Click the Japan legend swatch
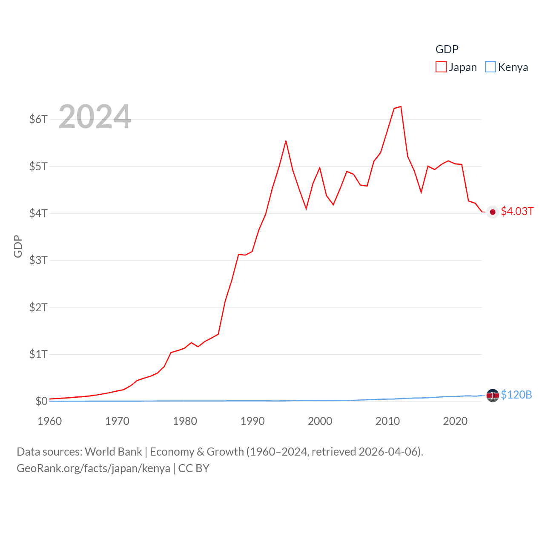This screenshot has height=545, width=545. click(x=441, y=67)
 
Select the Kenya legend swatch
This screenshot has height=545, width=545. click(x=490, y=67)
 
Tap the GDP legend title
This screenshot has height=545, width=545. click(x=447, y=49)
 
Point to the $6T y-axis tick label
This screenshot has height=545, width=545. click(x=38, y=119)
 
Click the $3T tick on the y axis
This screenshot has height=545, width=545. click(x=38, y=260)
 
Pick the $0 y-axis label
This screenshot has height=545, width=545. click(x=41, y=401)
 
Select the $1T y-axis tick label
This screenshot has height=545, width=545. click(x=38, y=354)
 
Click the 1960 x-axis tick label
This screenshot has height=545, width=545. click(x=50, y=421)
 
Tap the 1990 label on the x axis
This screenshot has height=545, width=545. click(x=252, y=421)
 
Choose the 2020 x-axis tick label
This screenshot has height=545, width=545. click(x=455, y=421)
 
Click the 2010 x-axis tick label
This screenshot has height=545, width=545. click(x=387, y=421)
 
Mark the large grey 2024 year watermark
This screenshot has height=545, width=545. click(x=95, y=116)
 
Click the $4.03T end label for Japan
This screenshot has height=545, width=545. click(x=517, y=212)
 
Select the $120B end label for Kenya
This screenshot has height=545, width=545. click(x=516, y=395)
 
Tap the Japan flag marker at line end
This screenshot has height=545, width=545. click(x=493, y=212)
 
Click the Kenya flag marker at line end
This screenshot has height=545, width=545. click(x=493, y=396)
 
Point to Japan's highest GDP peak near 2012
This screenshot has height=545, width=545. click(x=401, y=106)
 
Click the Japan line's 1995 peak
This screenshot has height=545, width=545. click(x=286, y=141)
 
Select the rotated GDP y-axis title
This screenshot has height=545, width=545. click(x=18, y=246)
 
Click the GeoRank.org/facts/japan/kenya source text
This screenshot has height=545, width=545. click(x=93, y=468)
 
